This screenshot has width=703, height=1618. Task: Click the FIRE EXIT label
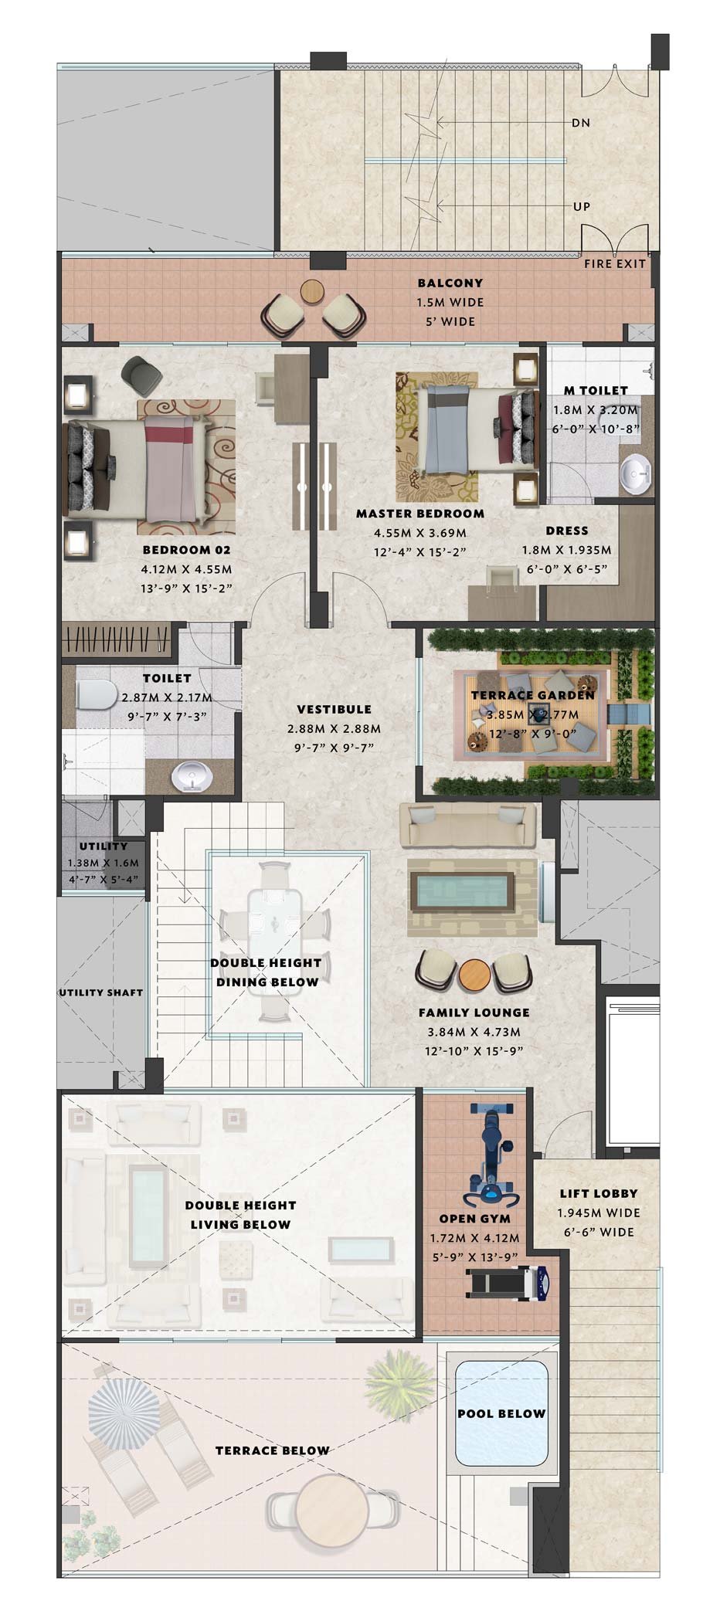point(614,263)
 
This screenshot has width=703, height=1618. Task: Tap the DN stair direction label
point(581,123)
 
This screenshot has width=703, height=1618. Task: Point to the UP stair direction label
point(581,206)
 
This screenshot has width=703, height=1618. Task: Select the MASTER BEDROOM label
point(420,514)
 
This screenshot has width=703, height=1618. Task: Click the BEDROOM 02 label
point(186,550)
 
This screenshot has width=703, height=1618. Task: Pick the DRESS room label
point(567,531)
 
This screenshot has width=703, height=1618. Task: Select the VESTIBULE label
point(334,709)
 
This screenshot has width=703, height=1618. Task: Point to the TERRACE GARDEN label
point(533,694)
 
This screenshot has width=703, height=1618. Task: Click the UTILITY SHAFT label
point(101,992)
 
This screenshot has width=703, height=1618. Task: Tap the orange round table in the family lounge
point(474,975)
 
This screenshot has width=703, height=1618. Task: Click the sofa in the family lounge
point(468,825)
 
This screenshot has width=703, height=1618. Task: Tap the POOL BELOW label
point(501,1413)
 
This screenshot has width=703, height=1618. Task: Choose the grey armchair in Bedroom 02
point(142,375)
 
